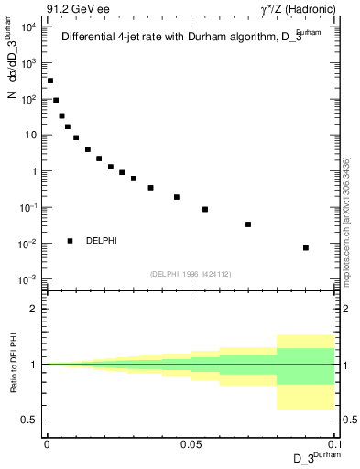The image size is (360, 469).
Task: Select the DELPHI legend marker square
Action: click(70, 241)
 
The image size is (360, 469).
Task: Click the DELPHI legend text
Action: click(101, 241)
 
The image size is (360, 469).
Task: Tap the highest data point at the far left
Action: click(50, 81)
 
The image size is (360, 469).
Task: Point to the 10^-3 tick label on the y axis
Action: click(28, 279)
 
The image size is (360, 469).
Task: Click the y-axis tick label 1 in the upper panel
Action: click(35, 171)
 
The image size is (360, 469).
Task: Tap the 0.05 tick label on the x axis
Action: click(191, 444)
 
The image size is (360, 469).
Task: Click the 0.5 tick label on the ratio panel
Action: click(30, 420)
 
